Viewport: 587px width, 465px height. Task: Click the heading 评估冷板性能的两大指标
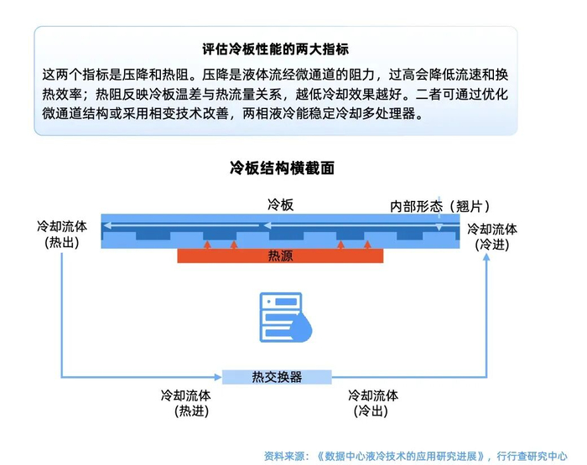point(276,49)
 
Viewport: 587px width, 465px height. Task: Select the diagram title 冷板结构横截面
point(282,168)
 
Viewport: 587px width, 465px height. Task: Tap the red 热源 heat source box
point(280,256)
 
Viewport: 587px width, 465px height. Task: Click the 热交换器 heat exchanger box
point(277,377)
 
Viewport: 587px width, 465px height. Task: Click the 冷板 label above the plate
point(280,204)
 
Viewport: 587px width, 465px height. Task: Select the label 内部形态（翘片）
point(439,206)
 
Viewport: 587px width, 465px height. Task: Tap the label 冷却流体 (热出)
point(62,235)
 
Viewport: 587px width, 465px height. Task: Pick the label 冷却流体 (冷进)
point(492,237)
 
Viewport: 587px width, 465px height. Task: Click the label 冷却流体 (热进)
point(186,403)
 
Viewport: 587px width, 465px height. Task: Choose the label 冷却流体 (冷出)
point(373,403)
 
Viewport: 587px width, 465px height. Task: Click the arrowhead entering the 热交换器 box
point(218,377)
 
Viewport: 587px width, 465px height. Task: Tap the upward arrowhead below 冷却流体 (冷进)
point(486,257)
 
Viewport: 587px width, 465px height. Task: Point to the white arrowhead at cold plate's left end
point(107,225)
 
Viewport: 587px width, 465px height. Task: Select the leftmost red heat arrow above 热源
point(207,245)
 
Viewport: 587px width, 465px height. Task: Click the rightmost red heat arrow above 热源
point(367,245)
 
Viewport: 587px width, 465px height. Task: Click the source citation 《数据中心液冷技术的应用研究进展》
point(404,456)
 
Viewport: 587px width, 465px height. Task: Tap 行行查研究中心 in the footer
point(532,456)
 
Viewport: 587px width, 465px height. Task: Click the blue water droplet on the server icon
point(302,328)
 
